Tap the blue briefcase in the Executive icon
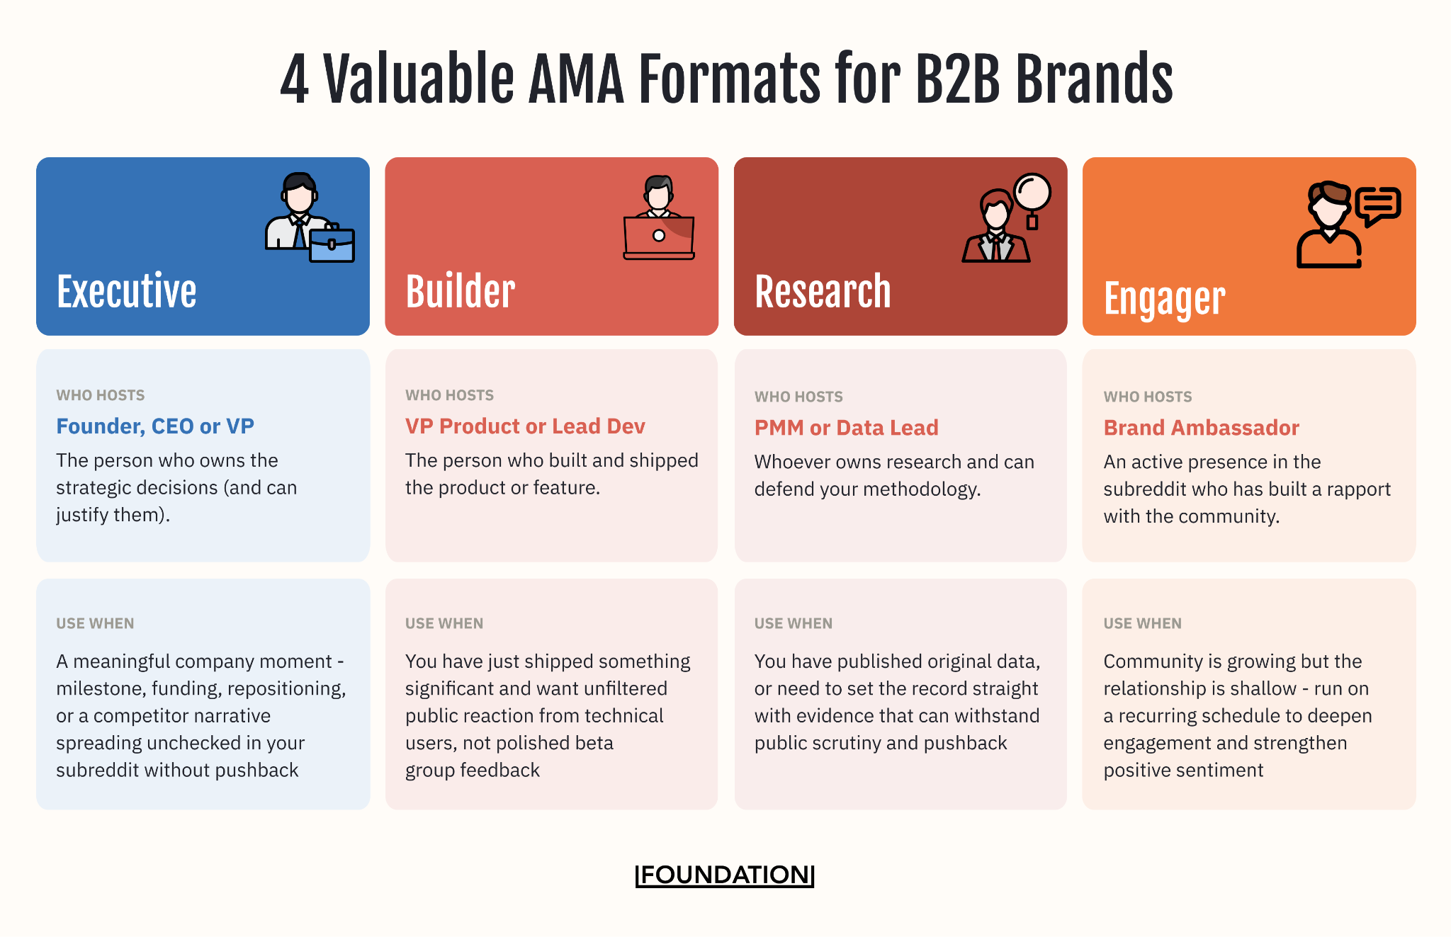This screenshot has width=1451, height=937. pyautogui.click(x=332, y=244)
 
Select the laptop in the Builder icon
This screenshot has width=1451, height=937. pyautogui.click(x=658, y=237)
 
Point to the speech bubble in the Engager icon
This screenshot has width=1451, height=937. pyautogui.click(x=1378, y=206)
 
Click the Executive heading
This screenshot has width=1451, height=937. pyautogui.click(x=126, y=291)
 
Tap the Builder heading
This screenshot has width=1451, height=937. pyautogui.click(x=461, y=291)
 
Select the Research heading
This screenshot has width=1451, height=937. pyautogui.click(x=823, y=291)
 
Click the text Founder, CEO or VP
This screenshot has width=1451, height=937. pyautogui.click(x=155, y=426)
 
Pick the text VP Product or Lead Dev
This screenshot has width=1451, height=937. pyautogui.click(x=525, y=426)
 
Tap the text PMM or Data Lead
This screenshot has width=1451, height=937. pyautogui.click(x=846, y=428)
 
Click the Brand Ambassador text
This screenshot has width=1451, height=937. pyautogui.click(x=1201, y=428)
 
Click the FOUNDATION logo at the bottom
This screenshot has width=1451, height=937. pyautogui.click(x=725, y=875)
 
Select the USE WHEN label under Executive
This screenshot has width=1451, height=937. pyautogui.click(x=95, y=623)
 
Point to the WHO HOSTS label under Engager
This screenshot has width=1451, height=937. pyautogui.click(x=1148, y=397)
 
